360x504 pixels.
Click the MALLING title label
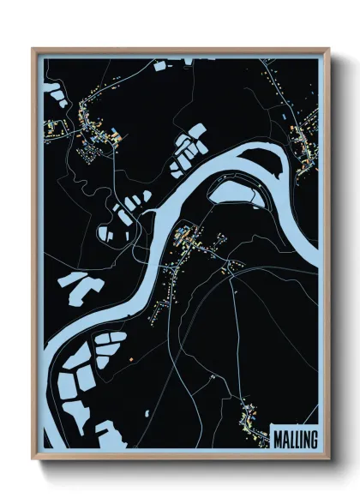pos(295,438)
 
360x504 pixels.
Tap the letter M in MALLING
pos(278,438)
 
